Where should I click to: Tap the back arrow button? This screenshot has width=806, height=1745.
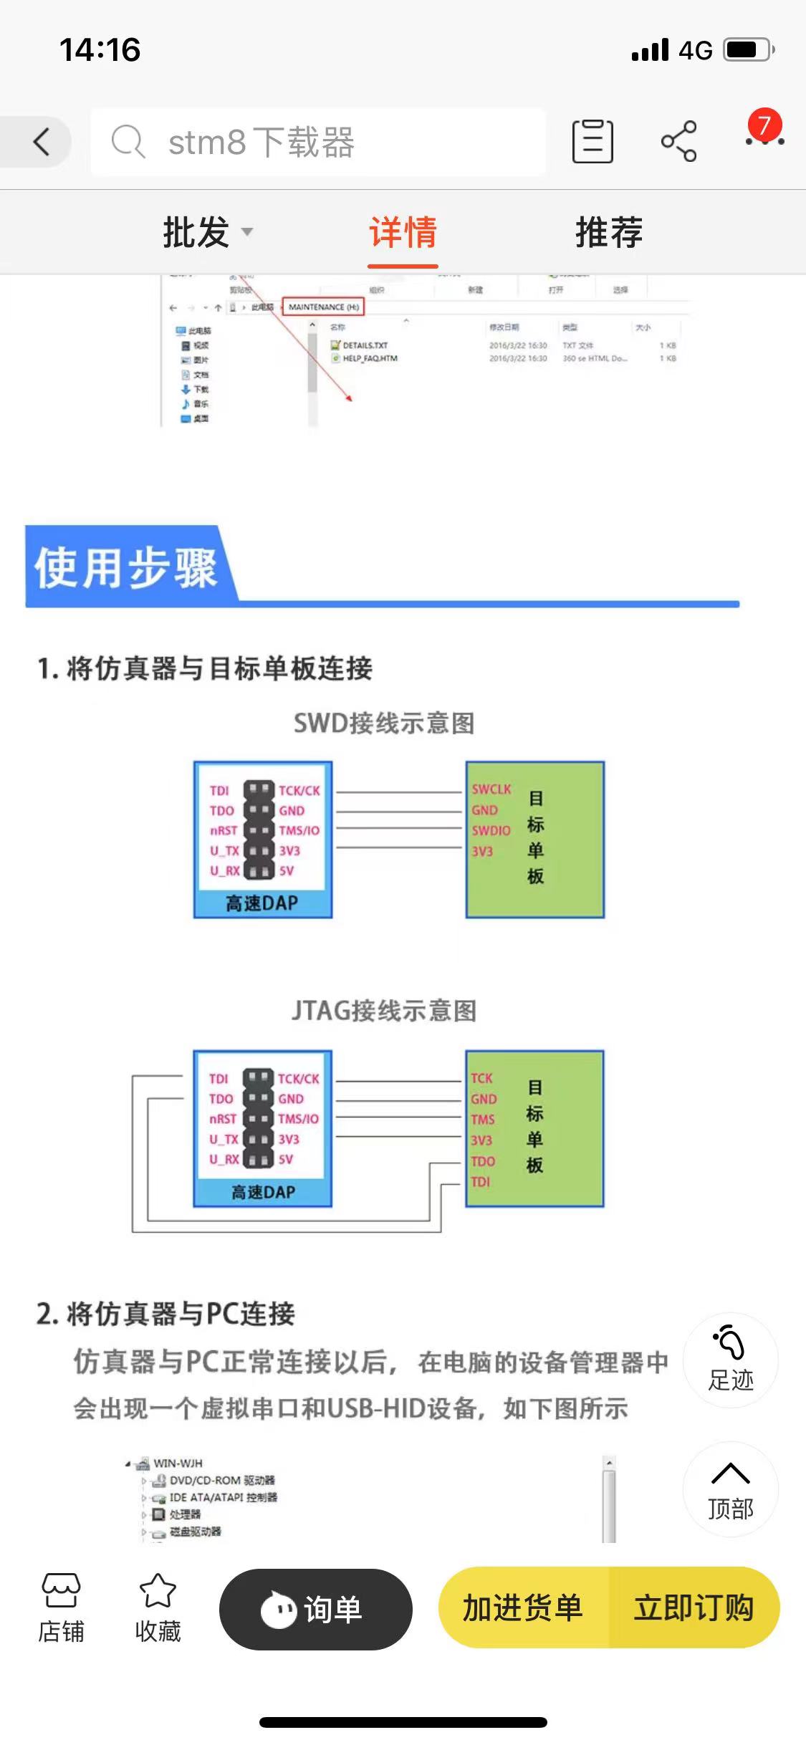[42, 141]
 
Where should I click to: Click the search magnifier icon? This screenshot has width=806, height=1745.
[128, 141]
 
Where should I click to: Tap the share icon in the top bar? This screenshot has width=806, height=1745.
[678, 141]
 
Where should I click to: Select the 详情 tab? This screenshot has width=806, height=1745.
[403, 232]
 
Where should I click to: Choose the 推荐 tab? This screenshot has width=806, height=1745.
[608, 232]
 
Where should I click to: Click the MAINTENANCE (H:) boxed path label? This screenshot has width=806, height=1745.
[324, 307]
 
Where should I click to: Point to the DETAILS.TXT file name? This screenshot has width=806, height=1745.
[365, 345]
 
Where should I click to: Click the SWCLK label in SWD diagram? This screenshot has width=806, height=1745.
[491, 789]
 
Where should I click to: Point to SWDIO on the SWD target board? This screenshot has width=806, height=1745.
[491, 831]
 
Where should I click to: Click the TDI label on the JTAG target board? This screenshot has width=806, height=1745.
[481, 1182]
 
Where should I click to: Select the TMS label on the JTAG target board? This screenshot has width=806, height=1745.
[483, 1119]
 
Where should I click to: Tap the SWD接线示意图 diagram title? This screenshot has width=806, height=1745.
[384, 724]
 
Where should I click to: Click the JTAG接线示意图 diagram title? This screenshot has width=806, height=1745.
[384, 1011]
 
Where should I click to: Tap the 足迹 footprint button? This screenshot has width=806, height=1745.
[730, 1360]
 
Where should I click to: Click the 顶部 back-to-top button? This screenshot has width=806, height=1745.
[730, 1490]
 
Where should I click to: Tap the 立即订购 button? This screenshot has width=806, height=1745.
[694, 1608]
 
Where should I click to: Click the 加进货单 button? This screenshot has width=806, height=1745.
[523, 1608]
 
